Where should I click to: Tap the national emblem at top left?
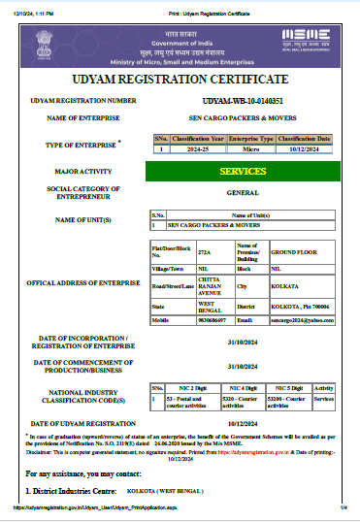[42, 41]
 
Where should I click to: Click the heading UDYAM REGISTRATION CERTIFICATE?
[180, 79]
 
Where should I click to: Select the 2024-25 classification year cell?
[199, 149]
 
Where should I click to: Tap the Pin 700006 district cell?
[302, 306]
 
